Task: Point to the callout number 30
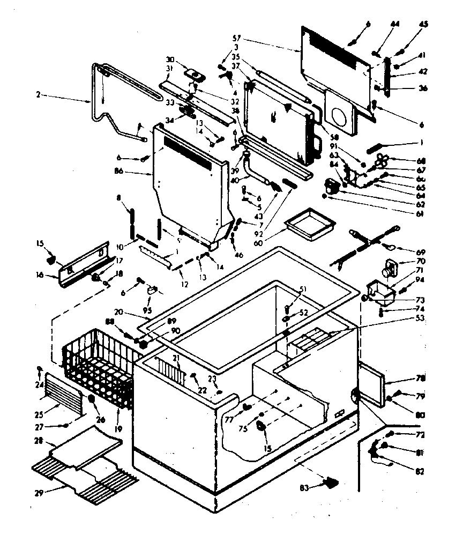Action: pyautogui.click(x=170, y=59)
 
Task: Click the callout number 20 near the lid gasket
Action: pyautogui.click(x=118, y=311)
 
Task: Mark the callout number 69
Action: pyautogui.click(x=421, y=251)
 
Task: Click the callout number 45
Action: pyautogui.click(x=423, y=24)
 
